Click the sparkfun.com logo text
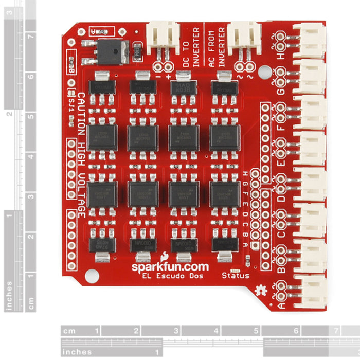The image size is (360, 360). pos(170,266)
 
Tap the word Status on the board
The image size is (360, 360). pos(235,276)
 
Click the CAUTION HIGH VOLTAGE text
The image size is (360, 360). pos(81,154)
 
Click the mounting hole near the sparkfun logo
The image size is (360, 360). pos(92,275)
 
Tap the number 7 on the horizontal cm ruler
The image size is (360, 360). pos(336,331)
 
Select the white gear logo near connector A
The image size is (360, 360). pos(264,290)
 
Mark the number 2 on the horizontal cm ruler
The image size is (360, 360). pos(136,331)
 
